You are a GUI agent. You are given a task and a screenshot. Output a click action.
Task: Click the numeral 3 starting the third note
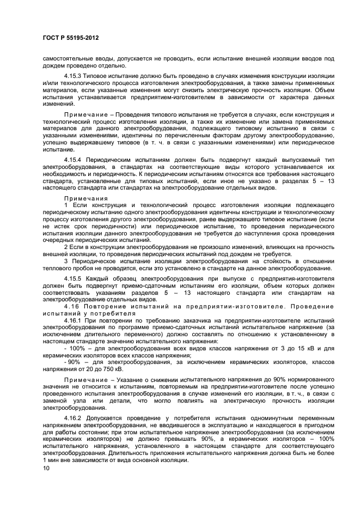coord(65,262)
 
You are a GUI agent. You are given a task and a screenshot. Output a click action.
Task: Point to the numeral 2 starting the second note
coord(65,247)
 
